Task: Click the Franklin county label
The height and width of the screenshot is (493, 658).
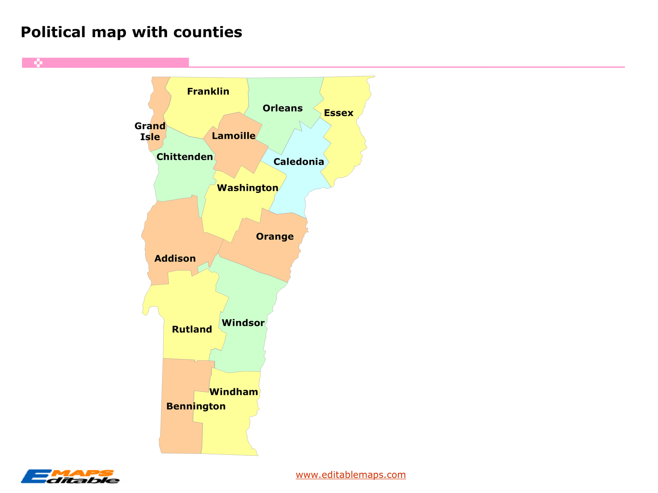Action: click(208, 91)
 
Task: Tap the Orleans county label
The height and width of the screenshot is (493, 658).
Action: click(282, 108)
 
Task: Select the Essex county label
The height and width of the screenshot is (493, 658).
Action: click(339, 113)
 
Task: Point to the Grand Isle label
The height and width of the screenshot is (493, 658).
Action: click(150, 131)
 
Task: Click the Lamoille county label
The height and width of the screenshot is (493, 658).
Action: click(234, 136)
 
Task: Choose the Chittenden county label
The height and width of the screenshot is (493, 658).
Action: click(184, 157)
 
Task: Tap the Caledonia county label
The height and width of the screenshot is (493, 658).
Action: click(299, 162)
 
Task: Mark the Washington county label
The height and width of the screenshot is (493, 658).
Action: click(247, 188)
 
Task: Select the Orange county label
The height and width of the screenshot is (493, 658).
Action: click(275, 236)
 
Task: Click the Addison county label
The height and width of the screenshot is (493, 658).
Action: click(175, 259)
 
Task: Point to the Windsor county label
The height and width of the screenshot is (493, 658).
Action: click(243, 323)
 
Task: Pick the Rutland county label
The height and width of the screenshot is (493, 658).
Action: click(192, 329)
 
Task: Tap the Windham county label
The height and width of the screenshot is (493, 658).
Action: click(234, 392)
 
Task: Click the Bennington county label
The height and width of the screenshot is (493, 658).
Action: click(196, 406)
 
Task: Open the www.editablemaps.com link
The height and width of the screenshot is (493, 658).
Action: click(351, 475)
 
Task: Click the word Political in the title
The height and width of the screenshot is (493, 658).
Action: click(53, 32)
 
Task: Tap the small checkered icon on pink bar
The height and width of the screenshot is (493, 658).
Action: click(38, 63)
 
